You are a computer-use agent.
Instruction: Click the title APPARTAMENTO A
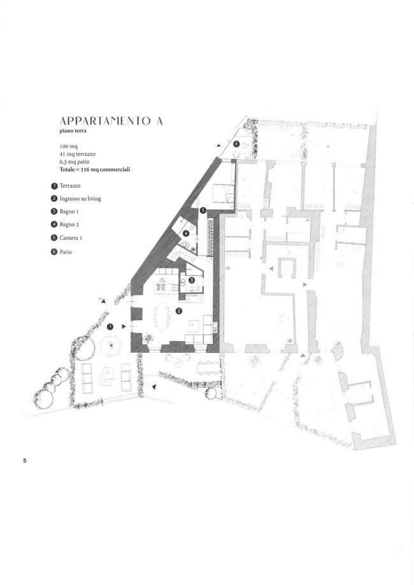point(111,121)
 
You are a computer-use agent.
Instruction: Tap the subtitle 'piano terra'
point(73,131)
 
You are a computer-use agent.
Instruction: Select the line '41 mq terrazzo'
point(77,153)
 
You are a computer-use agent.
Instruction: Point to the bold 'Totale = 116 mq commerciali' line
point(95,169)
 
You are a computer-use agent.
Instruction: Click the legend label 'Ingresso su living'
point(80,199)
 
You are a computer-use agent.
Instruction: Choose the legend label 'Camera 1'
point(71,237)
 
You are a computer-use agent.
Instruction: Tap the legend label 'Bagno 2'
point(69,225)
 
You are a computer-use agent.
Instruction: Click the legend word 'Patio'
point(66,252)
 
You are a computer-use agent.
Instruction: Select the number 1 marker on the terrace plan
point(110,327)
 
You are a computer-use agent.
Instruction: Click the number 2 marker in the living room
point(179,311)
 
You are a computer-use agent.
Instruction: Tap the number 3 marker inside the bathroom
point(191,279)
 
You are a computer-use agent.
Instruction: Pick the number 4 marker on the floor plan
point(186,234)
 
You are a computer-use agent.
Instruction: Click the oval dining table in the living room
point(162,317)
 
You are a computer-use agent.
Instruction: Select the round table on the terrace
point(110,346)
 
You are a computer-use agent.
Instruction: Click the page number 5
point(25,460)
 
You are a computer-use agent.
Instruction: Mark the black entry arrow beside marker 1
point(124,327)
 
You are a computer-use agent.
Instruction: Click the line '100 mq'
point(68,146)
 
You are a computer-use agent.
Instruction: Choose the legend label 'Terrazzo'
point(70,185)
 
